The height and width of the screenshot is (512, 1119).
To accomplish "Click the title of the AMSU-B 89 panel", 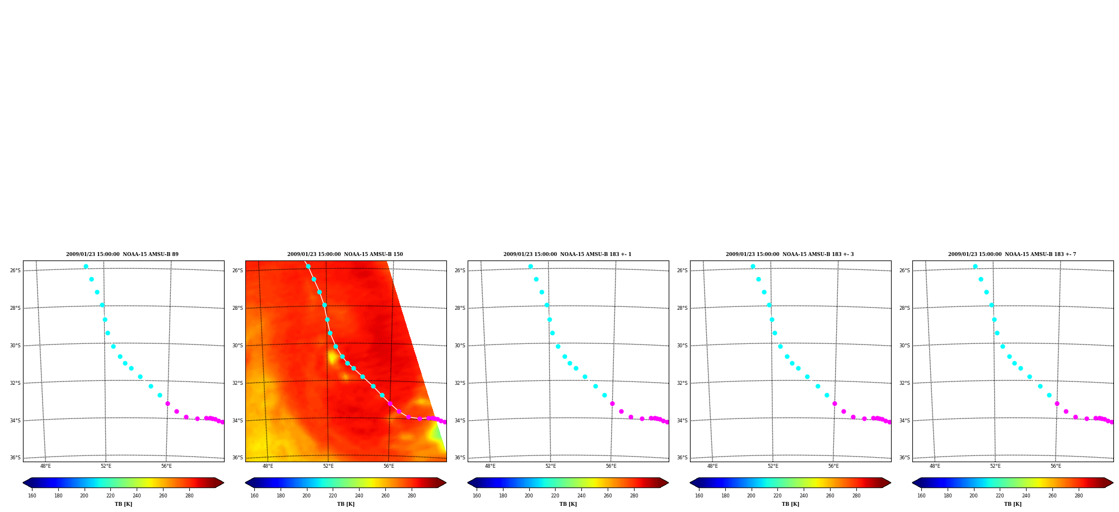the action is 122,254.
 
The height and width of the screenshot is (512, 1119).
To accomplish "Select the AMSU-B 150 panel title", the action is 345,254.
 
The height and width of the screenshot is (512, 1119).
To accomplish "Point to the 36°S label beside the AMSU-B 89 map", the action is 15,458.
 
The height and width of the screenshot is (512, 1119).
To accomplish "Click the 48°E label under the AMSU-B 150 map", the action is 268,466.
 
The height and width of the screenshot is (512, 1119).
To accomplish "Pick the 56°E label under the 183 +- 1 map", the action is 611,466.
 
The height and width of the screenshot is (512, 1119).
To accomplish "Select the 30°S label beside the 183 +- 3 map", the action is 682,346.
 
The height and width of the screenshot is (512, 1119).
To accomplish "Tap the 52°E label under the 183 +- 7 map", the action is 995,466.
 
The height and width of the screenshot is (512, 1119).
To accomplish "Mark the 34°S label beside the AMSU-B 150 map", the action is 237,421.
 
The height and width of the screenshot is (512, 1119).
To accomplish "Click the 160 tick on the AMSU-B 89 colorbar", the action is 32,495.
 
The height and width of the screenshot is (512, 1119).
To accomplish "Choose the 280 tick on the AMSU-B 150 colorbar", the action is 412,495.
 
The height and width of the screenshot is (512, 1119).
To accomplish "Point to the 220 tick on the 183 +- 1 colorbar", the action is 555,495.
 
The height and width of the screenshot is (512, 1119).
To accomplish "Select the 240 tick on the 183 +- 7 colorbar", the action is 1026,495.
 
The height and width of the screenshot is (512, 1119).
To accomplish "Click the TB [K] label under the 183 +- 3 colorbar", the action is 790,504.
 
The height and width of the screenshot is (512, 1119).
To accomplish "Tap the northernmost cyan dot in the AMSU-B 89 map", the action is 86,267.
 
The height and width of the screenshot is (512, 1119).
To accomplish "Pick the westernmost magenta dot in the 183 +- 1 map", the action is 612,403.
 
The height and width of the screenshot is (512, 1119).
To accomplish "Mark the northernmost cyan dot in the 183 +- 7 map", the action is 975,267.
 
